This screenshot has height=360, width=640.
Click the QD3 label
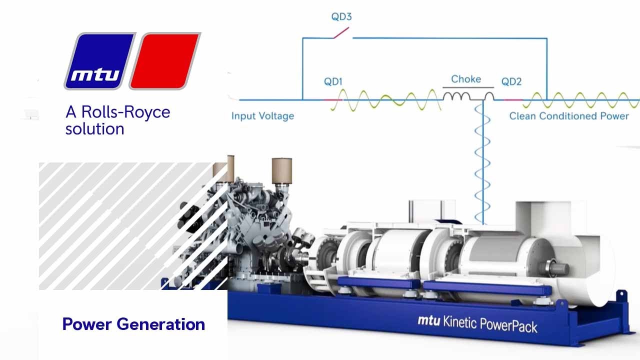pyautogui.click(x=341, y=16)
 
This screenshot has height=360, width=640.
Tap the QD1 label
pyautogui.click(x=333, y=81)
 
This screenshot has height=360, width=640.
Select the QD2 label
pyautogui.click(x=511, y=81)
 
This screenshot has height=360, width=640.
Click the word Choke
pyautogui.click(x=466, y=79)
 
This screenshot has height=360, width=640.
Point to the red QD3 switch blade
pyautogui.click(x=341, y=33)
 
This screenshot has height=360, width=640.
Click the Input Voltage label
pyautogui.click(x=262, y=116)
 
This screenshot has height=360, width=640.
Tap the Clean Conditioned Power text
pyautogui.click(x=569, y=116)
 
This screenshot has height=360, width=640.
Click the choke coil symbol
pyautogui.click(x=468, y=96)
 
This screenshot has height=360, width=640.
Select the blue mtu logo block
pyautogui.click(x=100, y=61)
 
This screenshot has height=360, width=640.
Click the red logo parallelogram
pyautogui.click(x=165, y=61)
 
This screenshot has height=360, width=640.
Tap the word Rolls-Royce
pyautogui.click(x=125, y=112)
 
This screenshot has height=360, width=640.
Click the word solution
pyautogui.click(x=95, y=129)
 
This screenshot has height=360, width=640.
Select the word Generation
pyautogui.click(x=161, y=324)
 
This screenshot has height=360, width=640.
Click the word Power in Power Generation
pyautogui.click(x=87, y=324)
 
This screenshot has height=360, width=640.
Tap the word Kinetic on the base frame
pyautogui.click(x=459, y=322)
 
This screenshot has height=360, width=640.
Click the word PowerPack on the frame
pyautogui.click(x=508, y=325)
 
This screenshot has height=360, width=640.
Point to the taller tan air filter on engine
pyautogui.click(x=281, y=171)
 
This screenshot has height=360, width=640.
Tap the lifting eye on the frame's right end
pyautogui.click(x=621, y=295)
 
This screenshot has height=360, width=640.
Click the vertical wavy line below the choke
pyautogui.click(x=483, y=163)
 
